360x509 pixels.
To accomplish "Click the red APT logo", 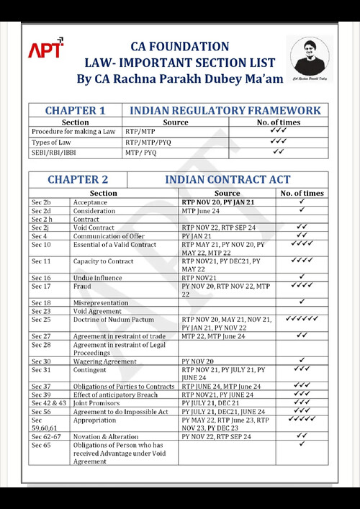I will [x=45, y=49].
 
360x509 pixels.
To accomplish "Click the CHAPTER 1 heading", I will [x=75, y=110].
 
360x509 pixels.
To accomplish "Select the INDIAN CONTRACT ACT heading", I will [x=228, y=179].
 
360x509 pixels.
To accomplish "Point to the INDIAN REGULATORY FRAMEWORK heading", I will [x=225, y=110].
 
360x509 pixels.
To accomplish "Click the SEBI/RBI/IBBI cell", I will [x=54, y=153].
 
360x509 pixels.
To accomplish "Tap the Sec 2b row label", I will [x=41, y=202].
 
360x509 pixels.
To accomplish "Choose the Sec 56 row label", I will [x=41, y=411].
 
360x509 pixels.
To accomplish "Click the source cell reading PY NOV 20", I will [x=198, y=361].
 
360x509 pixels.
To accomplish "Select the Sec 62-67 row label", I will [x=45, y=436].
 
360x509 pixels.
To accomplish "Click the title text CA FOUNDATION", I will [x=179, y=47].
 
